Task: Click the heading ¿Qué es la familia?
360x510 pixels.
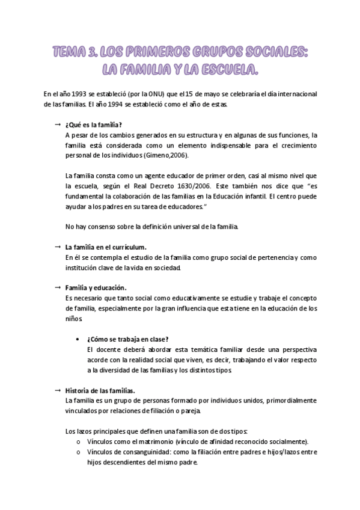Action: click(93, 124)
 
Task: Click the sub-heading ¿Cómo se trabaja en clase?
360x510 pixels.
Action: click(127, 339)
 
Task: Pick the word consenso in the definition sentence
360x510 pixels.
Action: click(98, 227)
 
